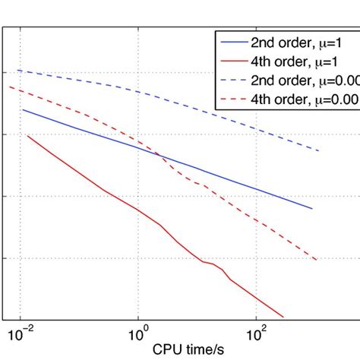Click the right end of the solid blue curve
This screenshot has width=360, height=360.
pyautogui.click(x=312, y=208)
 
